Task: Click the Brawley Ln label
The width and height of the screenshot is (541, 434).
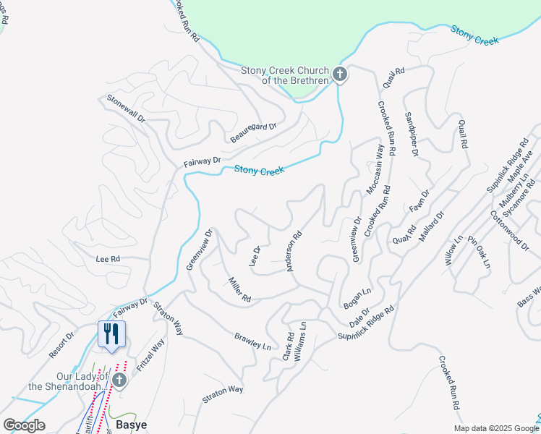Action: click(x=252, y=341)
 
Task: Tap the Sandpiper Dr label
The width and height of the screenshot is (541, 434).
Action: click(x=412, y=134)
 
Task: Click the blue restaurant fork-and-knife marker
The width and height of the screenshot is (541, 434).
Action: click(x=111, y=333)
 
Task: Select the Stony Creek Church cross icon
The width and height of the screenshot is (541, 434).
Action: click(x=340, y=74)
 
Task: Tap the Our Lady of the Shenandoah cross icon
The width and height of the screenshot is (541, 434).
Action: click(x=120, y=380)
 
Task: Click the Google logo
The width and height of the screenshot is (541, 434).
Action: click(x=24, y=425)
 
